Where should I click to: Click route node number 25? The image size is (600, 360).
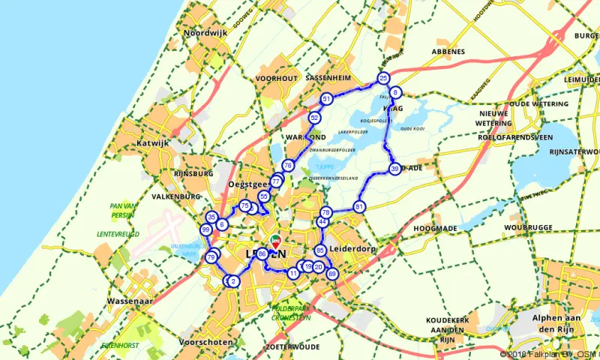click(383, 78)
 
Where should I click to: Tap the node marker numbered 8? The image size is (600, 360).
click(395, 93)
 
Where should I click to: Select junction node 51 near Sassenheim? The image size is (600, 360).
click(326, 99)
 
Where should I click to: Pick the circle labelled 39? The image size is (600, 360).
click(394, 170)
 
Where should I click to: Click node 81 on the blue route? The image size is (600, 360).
click(360, 206)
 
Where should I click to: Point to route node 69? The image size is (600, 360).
click(332, 274)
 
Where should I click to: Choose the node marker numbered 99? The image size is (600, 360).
click(205, 229)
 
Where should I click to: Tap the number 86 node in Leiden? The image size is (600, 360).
click(262, 254)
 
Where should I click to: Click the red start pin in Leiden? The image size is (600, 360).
click(275, 241)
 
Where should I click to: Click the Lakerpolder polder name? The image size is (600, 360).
click(355, 130)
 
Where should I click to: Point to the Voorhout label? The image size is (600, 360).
click(277, 78)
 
